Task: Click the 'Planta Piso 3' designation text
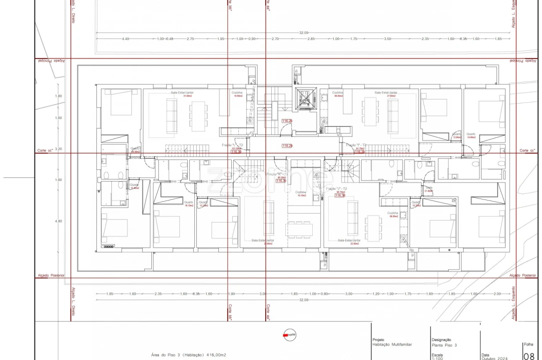[x=445, y=345]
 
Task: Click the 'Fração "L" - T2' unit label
[x=232, y=145]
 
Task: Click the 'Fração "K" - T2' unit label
[x=276, y=174]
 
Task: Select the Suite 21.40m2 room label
[x=429, y=189]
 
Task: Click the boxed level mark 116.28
[x=287, y=146]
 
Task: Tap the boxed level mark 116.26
[x=287, y=121]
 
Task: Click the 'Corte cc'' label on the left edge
[x=45, y=150]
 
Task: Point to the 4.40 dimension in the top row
[x=125, y=38]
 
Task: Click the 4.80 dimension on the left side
[x=58, y=221]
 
